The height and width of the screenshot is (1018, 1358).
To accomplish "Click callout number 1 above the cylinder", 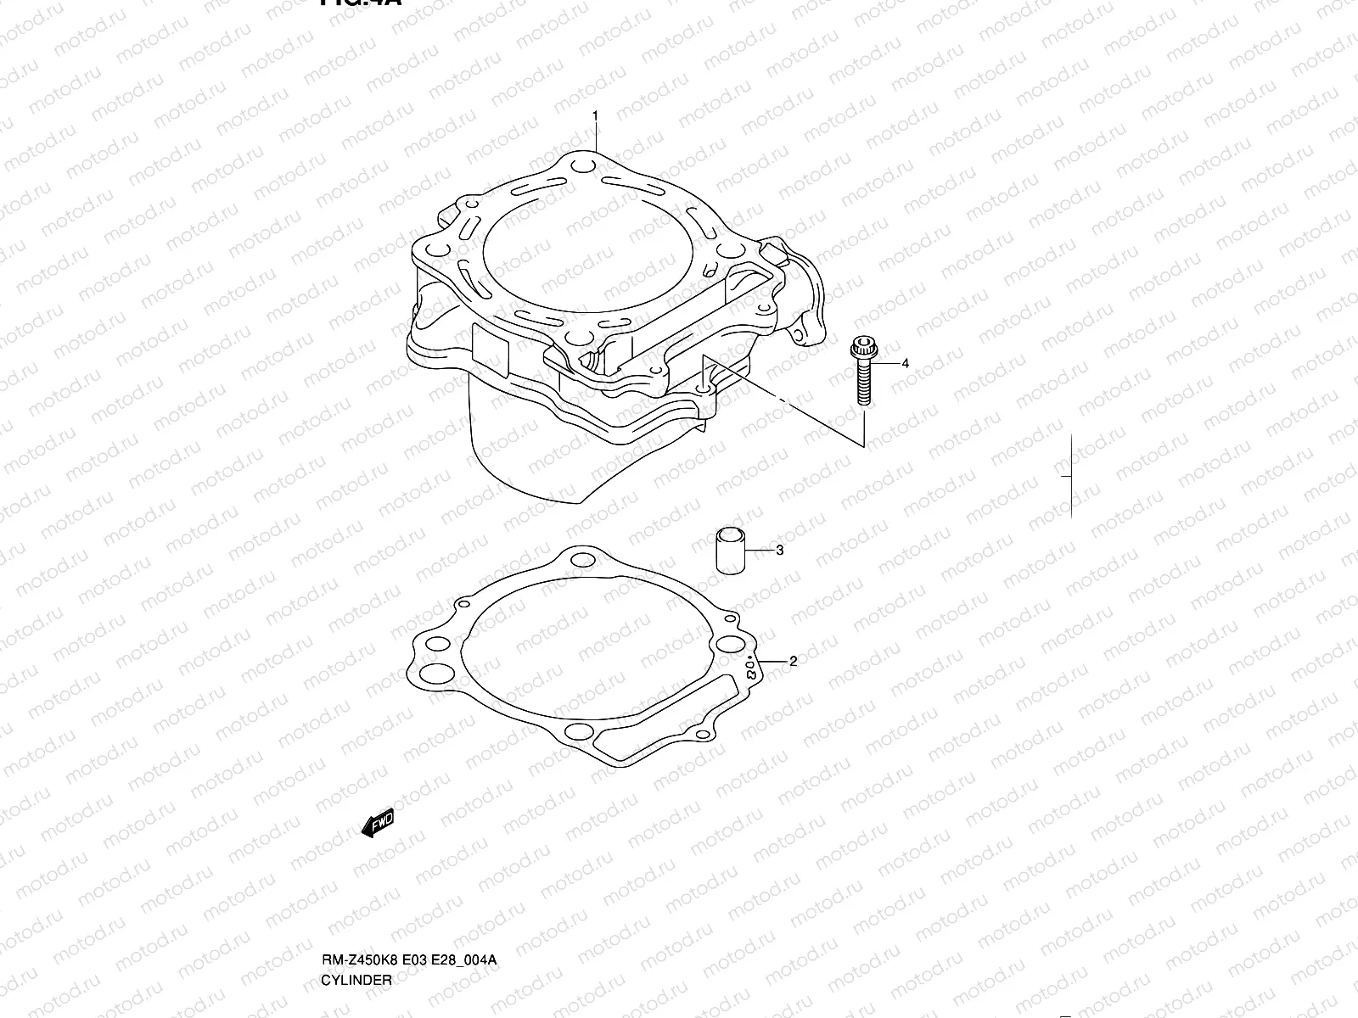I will click(595, 115).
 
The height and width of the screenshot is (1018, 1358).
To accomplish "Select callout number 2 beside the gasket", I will click(793, 662).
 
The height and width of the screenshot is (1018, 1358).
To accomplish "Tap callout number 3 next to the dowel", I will click(779, 551).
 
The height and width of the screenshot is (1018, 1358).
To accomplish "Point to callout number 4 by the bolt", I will click(905, 363).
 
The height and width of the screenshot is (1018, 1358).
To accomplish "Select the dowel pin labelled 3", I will click(730, 551).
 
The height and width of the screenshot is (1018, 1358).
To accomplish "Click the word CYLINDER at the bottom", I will click(356, 1003).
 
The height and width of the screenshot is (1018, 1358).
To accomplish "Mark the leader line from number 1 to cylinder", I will click(595, 136).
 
